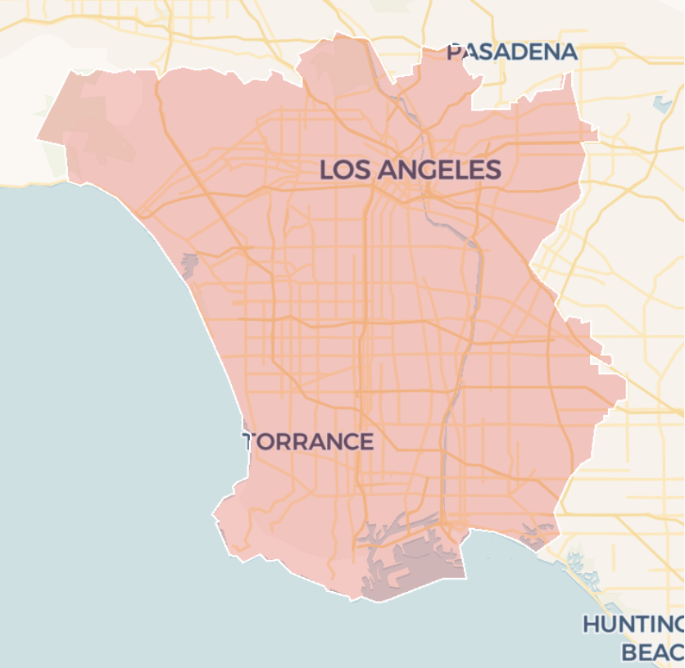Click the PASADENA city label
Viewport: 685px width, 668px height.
pos(512,52)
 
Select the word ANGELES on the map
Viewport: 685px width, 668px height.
pos(440,170)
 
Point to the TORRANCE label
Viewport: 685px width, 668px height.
pos(309,442)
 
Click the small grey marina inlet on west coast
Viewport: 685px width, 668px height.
pos(189,264)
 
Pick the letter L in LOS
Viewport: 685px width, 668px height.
pos(326,170)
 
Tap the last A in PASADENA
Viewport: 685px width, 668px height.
pos(569,52)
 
